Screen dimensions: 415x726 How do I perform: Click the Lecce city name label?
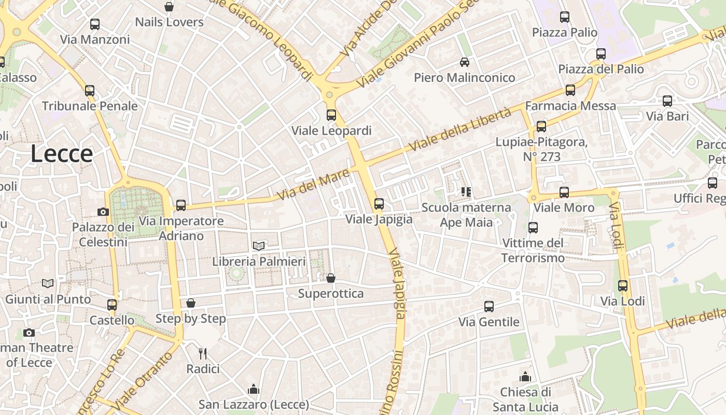[62, 154]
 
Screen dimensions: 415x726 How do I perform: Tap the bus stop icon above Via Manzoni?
[95, 24]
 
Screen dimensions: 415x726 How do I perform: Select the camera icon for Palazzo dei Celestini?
[103, 212]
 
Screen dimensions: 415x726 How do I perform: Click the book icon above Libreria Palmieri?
[259, 246]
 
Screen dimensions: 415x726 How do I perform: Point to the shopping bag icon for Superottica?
[331, 279]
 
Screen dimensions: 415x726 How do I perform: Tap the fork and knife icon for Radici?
[203, 354]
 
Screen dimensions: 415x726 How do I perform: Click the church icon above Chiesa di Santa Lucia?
[525, 377]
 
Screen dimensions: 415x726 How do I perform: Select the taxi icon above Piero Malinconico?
[465, 62]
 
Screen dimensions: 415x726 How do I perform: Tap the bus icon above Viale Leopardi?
[331, 115]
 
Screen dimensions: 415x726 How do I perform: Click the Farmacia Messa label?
[570, 106]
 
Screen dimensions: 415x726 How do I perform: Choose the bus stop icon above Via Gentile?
[489, 307]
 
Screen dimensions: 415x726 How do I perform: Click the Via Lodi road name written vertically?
[615, 226]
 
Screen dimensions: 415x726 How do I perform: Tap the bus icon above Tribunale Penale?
[90, 91]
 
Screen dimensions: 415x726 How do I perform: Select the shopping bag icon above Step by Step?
[191, 303]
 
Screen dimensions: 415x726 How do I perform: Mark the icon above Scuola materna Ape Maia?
[466, 192]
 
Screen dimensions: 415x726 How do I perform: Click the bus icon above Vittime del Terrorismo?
[533, 228]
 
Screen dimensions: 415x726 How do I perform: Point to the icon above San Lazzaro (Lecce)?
[254, 389]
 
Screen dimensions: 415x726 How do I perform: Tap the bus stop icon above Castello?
[112, 305]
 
